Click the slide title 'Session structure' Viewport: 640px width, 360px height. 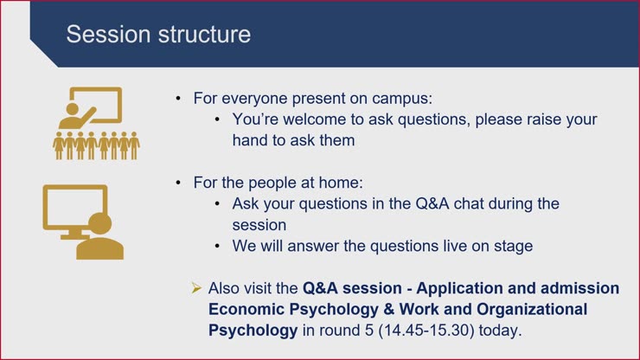[158, 35]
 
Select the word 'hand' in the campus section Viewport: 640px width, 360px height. [251, 139]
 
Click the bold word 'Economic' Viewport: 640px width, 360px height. [249, 309]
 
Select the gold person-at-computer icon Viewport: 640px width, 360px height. [83, 222]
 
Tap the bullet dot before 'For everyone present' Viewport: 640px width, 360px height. [178, 99]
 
